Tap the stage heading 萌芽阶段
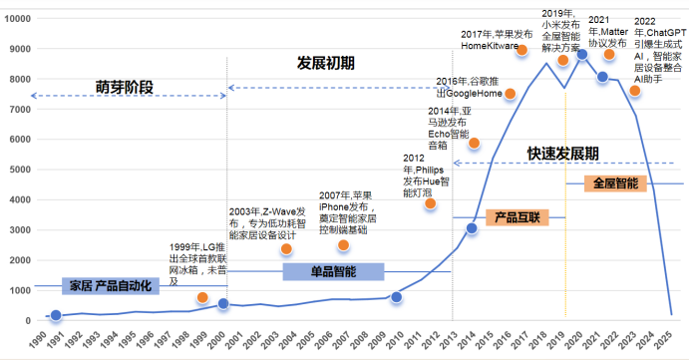[125, 87]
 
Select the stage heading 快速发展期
[563, 153]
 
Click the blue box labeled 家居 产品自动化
[110, 286]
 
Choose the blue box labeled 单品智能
[332, 271]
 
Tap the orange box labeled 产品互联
[517, 216]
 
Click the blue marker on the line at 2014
[472, 229]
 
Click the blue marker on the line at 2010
[396, 297]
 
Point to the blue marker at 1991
[56, 315]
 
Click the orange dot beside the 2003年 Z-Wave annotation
[286, 249]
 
